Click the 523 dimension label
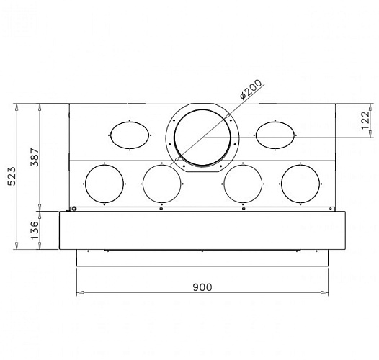pyautogui.click(x=12, y=176)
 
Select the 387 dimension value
pyautogui.click(x=35, y=157)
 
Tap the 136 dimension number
pyautogui.click(x=35, y=230)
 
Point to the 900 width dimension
pyautogui.click(x=202, y=287)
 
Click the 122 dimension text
pyautogui.click(x=366, y=120)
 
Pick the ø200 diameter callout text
pyautogui.click(x=251, y=89)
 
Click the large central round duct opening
pyautogui.click(x=202, y=138)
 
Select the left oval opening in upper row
pyautogui.click(x=130, y=135)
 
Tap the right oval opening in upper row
pyautogui.click(x=275, y=135)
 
